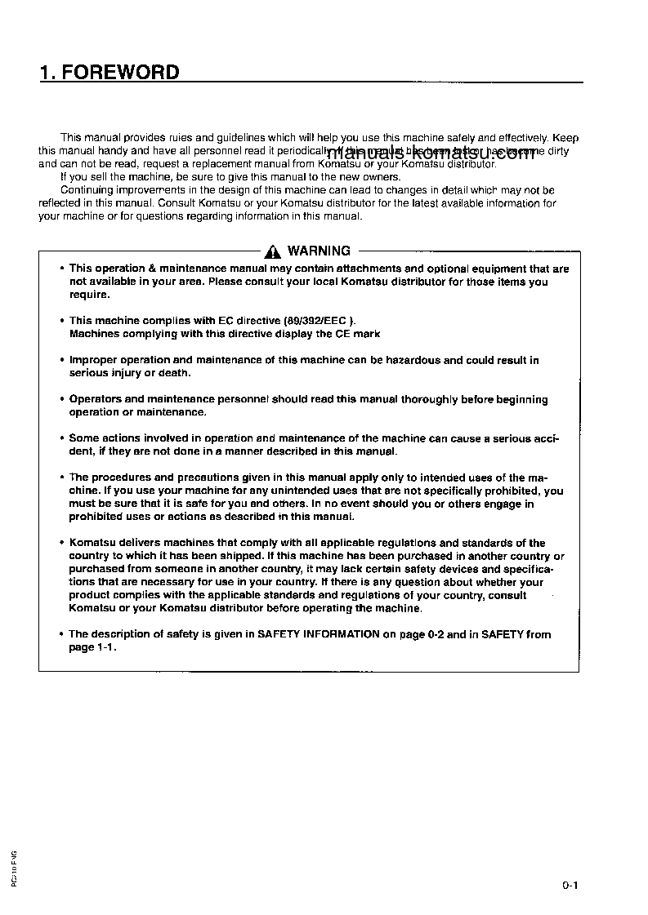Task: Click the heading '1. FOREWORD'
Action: pyautogui.click(x=109, y=73)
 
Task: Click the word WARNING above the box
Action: pyautogui.click(x=319, y=251)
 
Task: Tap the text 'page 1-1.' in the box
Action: pyautogui.click(x=92, y=647)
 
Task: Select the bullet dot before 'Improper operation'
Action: pyautogui.click(x=62, y=360)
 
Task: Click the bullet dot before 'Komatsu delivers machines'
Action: pyautogui.click(x=62, y=543)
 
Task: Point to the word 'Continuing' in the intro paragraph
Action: pyautogui.click(x=87, y=190)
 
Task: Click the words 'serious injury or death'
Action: pyautogui.click(x=129, y=373)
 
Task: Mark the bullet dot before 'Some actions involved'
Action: pyautogui.click(x=62, y=438)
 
